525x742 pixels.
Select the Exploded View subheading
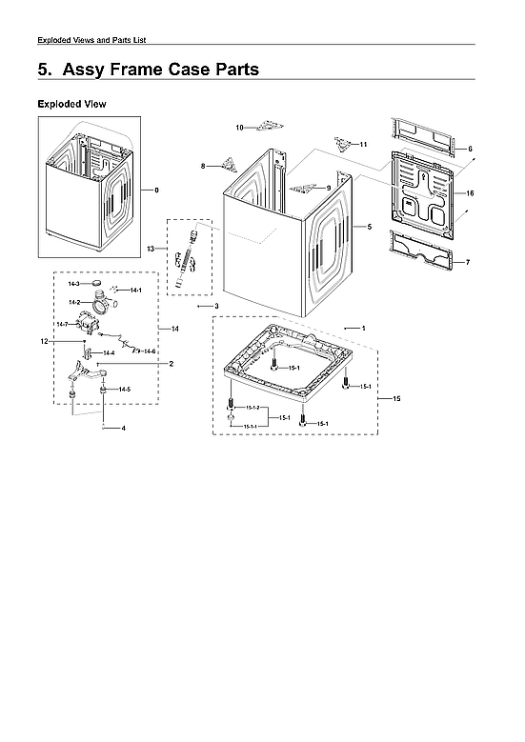pyautogui.click(x=71, y=103)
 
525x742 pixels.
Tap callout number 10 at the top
pyautogui.click(x=240, y=127)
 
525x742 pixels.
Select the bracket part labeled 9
pyautogui.click(x=304, y=188)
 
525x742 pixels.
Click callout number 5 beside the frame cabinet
pyautogui.click(x=368, y=227)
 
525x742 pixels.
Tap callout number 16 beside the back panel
pyautogui.click(x=470, y=193)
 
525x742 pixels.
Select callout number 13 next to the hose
pyautogui.click(x=151, y=248)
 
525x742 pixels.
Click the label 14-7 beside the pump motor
pyautogui.click(x=62, y=325)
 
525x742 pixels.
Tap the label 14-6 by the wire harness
pyautogui.click(x=150, y=351)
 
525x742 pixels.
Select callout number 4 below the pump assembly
pyautogui.click(x=123, y=429)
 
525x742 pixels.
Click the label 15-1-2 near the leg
pyautogui.click(x=251, y=408)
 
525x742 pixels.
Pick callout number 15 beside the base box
pyautogui.click(x=396, y=398)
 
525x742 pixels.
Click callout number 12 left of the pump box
pyautogui.click(x=44, y=341)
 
